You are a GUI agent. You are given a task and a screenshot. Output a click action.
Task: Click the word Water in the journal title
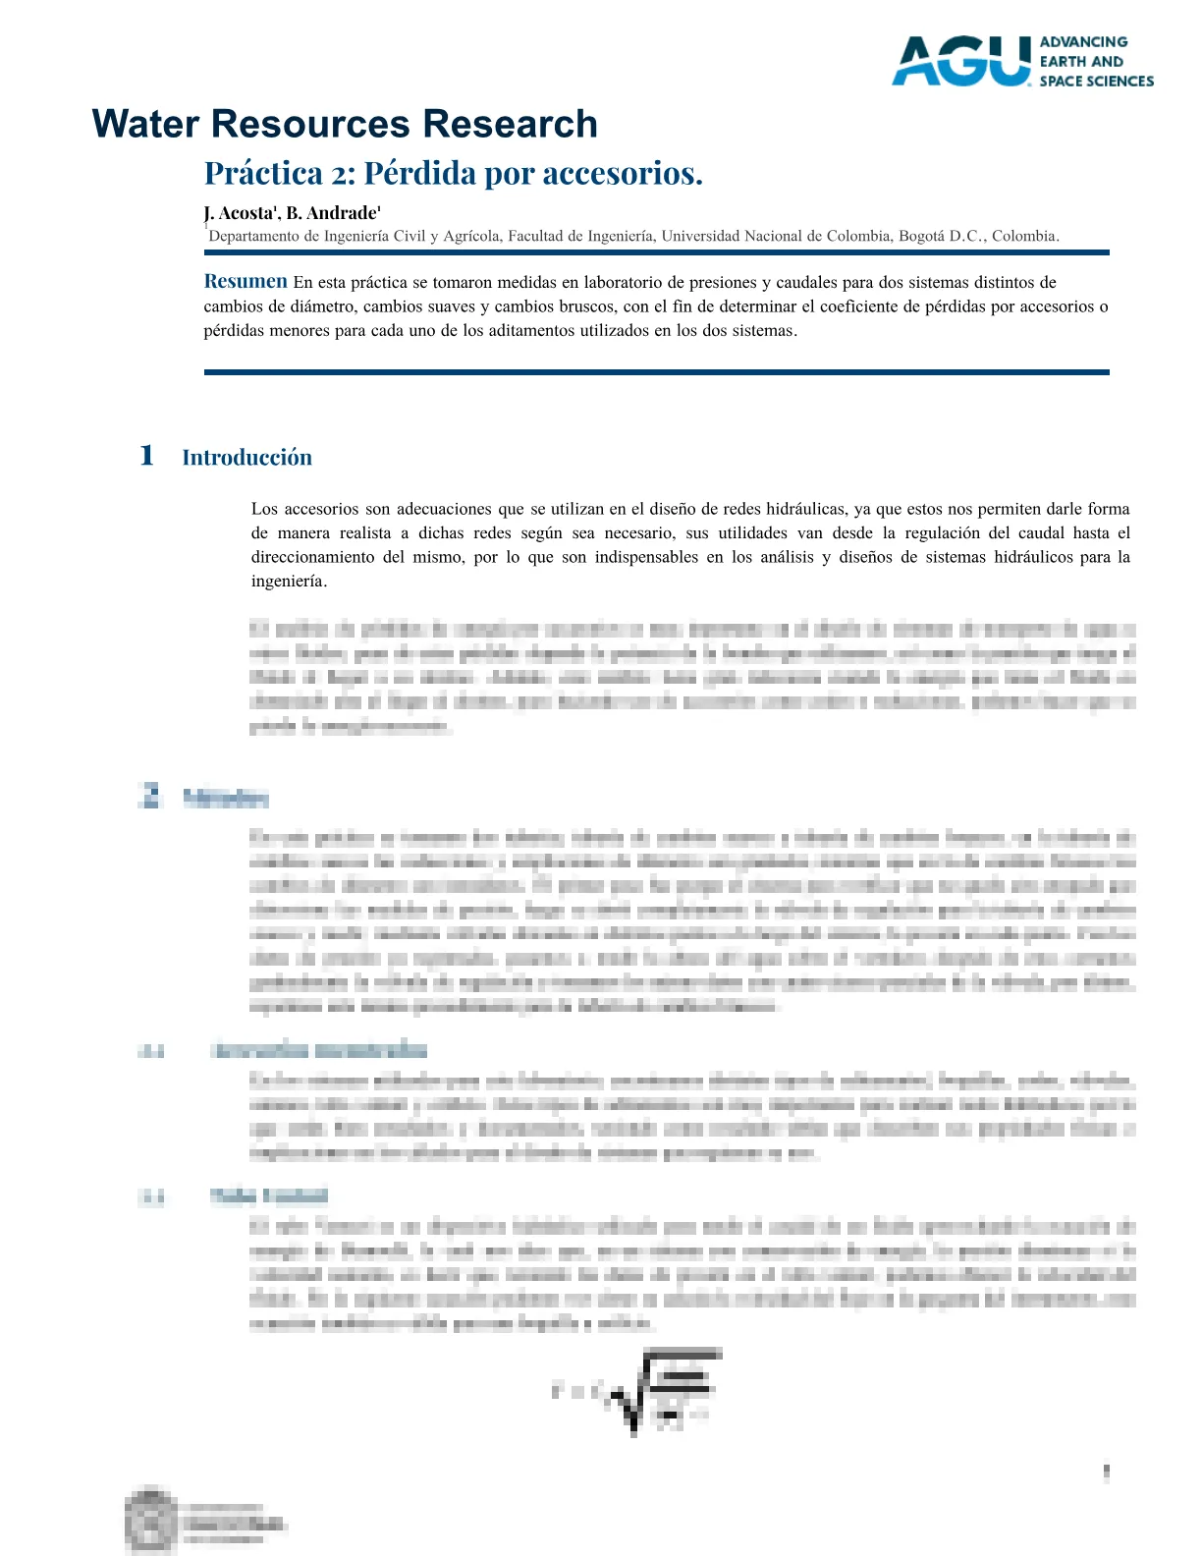click(145, 125)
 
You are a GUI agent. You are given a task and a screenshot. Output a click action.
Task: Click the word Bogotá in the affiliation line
click(921, 237)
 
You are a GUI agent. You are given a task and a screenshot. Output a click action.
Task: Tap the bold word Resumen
click(246, 282)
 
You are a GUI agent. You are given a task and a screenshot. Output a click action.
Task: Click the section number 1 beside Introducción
click(146, 456)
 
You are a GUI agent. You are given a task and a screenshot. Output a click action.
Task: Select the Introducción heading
click(246, 458)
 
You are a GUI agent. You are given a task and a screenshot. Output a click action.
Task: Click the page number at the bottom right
click(1107, 1472)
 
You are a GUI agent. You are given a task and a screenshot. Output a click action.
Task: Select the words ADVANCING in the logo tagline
click(1083, 42)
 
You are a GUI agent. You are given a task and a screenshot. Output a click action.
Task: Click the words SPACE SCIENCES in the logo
click(1096, 82)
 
